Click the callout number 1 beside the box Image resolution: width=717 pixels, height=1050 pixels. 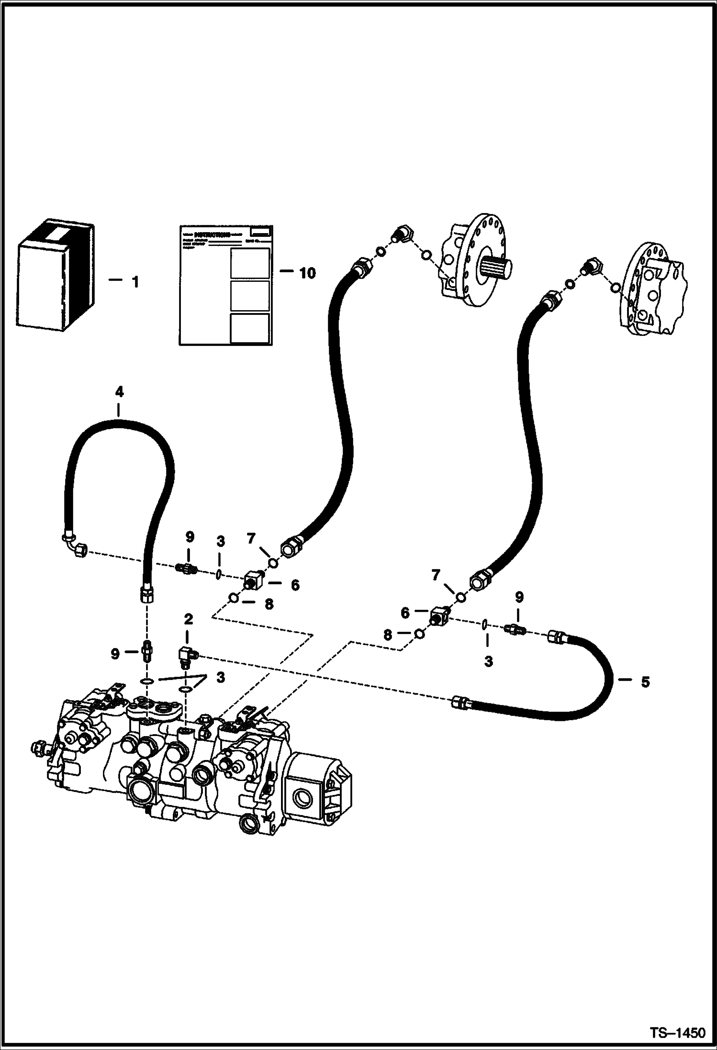(x=135, y=282)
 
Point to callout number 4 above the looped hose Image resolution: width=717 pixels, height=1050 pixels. (x=119, y=392)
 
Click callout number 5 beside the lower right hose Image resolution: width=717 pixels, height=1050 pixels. (x=645, y=682)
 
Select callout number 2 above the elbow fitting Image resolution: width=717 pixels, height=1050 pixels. (x=189, y=619)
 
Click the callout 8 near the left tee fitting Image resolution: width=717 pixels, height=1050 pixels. (x=269, y=604)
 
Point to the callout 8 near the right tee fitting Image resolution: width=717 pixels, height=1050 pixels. (x=388, y=635)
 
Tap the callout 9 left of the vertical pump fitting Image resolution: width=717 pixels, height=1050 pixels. (x=115, y=654)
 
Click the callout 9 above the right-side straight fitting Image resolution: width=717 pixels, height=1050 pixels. (x=519, y=597)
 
